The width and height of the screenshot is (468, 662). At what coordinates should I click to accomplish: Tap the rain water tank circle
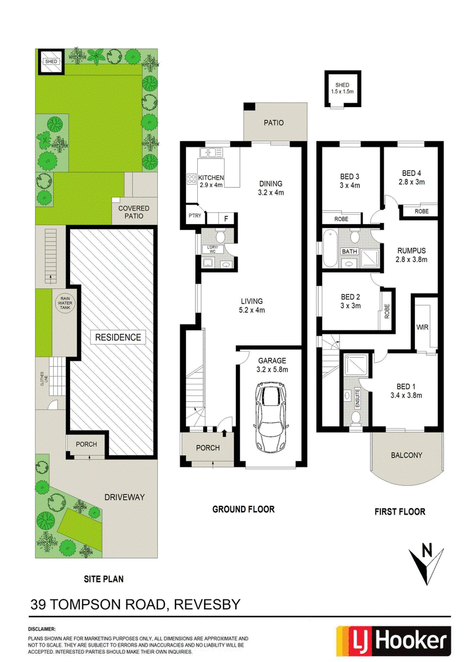pyautogui.click(x=65, y=303)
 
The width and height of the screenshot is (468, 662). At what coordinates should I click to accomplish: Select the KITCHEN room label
pyautogui.click(x=211, y=178)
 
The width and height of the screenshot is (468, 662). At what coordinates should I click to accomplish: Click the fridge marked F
pyautogui.click(x=226, y=219)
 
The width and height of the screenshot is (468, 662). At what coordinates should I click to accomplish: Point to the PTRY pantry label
pyautogui.click(x=195, y=216)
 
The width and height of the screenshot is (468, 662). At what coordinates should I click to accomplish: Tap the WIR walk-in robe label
pyautogui.click(x=422, y=327)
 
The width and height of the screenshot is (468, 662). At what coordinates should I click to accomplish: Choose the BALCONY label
pyautogui.click(x=407, y=455)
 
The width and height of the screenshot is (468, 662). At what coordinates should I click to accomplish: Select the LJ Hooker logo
pyautogui.click(x=393, y=640)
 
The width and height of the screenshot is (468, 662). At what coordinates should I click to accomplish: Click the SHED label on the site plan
pyautogui.click(x=51, y=61)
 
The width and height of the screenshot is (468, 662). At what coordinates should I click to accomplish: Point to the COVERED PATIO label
pyautogui.click(x=133, y=212)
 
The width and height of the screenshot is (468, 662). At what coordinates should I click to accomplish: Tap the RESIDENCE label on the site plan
pyautogui.click(x=118, y=337)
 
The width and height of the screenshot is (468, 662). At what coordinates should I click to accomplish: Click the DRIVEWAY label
pyautogui.click(x=125, y=497)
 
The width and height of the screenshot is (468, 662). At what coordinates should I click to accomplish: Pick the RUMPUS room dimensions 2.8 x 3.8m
pyautogui.click(x=411, y=260)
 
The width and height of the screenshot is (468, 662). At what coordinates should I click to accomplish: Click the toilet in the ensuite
pyautogui.click(x=356, y=418)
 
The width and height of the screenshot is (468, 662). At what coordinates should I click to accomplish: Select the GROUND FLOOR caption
pyautogui.click(x=243, y=509)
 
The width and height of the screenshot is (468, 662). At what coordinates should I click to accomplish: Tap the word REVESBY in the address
pyautogui.click(x=207, y=605)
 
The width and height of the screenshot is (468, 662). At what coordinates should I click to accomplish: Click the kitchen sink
pyautogui.click(x=211, y=152)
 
